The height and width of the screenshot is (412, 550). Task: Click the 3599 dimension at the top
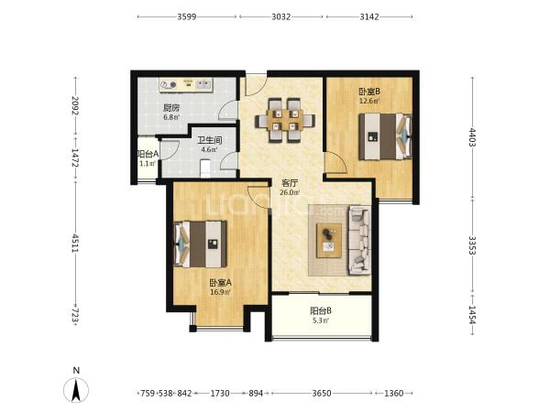[187, 16]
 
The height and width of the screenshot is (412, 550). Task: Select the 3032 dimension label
[281, 16]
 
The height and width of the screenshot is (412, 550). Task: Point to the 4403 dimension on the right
[472, 137]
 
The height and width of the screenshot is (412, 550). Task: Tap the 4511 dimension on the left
[75, 244]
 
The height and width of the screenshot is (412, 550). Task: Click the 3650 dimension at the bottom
[322, 393]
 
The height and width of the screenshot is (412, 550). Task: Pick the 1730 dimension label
[220, 393]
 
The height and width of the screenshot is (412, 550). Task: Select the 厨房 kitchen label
[171, 108]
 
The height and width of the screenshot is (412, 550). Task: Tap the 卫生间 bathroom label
[209, 141]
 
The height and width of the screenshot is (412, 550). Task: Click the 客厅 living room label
[290, 183]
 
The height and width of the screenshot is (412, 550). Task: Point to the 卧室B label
[369, 92]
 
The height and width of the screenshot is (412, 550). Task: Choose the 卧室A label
[220, 282]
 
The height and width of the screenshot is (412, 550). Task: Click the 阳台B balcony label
[321, 310]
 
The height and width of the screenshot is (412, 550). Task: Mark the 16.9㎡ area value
[220, 292]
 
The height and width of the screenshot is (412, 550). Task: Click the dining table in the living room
[285, 120]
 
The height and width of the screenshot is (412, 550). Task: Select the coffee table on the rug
[329, 240]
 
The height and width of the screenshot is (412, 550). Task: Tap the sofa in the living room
[359, 240]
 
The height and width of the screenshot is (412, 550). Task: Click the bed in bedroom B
[385, 136]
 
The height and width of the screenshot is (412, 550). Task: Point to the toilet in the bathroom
[204, 168]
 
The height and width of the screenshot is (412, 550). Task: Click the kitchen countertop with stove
[186, 85]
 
